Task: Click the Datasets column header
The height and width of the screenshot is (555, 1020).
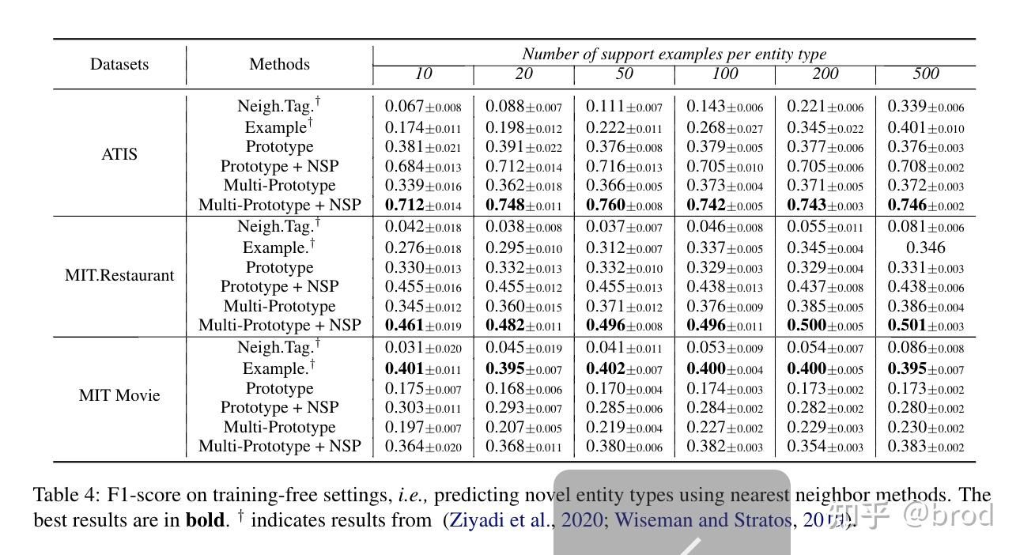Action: tap(119, 64)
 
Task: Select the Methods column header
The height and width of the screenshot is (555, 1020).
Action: tap(279, 64)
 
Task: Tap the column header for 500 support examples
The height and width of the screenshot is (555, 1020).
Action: tap(925, 74)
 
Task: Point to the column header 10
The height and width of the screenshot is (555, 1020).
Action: tap(423, 74)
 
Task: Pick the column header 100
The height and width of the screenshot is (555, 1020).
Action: tap(724, 74)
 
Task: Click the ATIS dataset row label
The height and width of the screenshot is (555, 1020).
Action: tap(119, 154)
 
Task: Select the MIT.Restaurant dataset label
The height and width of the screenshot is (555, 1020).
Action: tap(119, 275)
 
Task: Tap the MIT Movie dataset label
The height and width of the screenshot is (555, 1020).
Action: tap(119, 395)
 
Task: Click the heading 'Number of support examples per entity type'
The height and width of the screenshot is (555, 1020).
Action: tap(674, 55)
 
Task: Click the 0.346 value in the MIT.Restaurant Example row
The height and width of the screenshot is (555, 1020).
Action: tap(925, 248)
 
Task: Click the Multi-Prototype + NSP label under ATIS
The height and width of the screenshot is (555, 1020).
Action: tap(279, 205)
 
